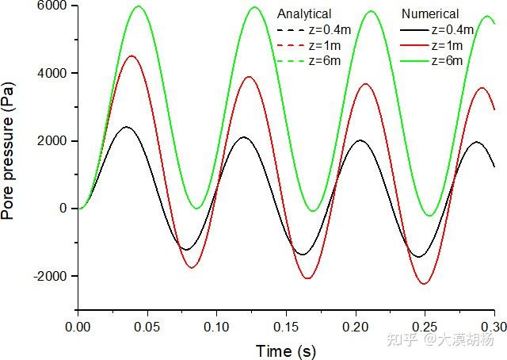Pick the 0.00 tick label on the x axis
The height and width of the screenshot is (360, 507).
coord(78,325)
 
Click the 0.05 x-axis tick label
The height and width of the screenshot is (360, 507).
coord(147,325)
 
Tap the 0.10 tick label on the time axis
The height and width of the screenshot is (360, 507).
coord(217,325)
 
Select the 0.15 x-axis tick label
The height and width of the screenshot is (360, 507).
coord(286,325)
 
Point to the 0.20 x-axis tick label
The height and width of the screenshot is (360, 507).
coord(356,325)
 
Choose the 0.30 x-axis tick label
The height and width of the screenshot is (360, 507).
coord(494,325)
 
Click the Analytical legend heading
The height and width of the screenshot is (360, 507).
coord(304,14)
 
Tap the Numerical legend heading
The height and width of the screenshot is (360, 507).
coord(430,14)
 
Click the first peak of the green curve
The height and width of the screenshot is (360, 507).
coord(139,6)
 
